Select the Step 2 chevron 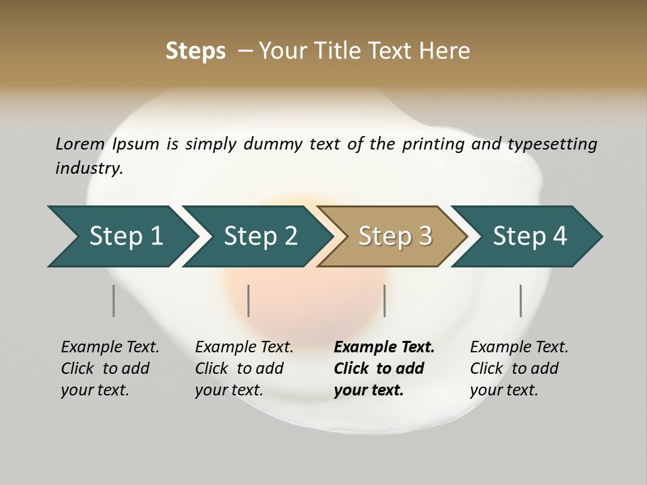[259, 236]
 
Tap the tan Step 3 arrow [394, 236]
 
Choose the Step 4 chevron [529, 236]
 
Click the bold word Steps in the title [195, 51]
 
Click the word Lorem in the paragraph [80, 144]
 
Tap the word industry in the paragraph [88, 168]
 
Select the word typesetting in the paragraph [552, 144]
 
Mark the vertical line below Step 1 [114, 300]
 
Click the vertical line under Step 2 [249, 300]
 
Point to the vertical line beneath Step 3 [384, 300]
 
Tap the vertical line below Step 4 [520, 300]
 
